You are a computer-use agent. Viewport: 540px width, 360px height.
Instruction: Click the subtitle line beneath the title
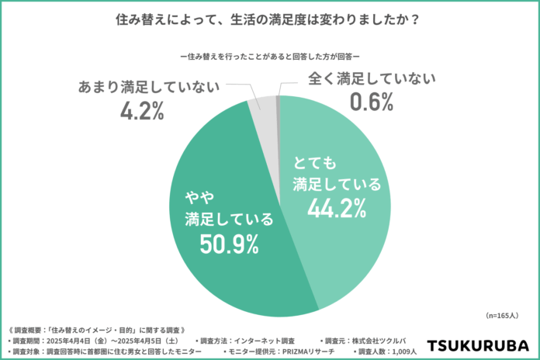(x=269, y=56)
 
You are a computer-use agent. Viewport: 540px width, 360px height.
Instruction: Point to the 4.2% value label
(x=141, y=110)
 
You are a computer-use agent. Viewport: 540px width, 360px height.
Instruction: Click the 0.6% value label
(x=372, y=100)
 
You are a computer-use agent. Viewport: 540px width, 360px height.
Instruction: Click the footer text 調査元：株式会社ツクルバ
(x=364, y=341)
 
